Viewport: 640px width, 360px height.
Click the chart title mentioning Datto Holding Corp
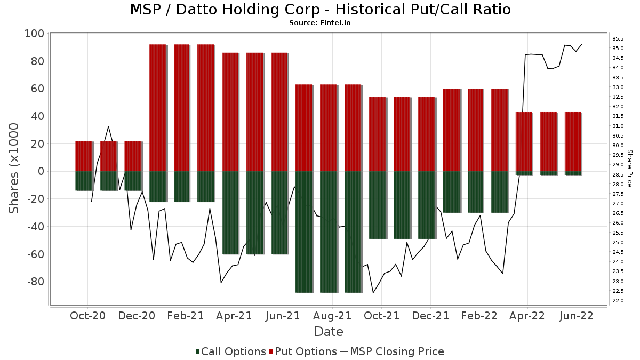(x=320, y=10)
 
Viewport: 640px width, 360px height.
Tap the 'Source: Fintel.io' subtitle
(x=320, y=23)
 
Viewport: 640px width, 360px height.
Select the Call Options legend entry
(x=230, y=351)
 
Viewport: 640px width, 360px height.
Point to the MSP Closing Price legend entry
(x=392, y=351)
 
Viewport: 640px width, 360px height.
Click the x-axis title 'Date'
(x=329, y=332)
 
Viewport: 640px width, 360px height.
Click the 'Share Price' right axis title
(x=629, y=168)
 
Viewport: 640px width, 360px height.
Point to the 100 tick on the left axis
(x=34, y=34)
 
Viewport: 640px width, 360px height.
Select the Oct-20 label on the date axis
(x=87, y=316)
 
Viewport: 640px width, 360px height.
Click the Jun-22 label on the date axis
(x=576, y=316)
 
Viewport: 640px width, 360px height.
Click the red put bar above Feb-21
(x=182, y=108)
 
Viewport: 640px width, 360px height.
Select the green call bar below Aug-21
(x=329, y=231)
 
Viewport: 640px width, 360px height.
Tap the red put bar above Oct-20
(x=84, y=156)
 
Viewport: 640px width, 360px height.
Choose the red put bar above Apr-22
(x=524, y=142)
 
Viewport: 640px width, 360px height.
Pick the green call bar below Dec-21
(x=427, y=205)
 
